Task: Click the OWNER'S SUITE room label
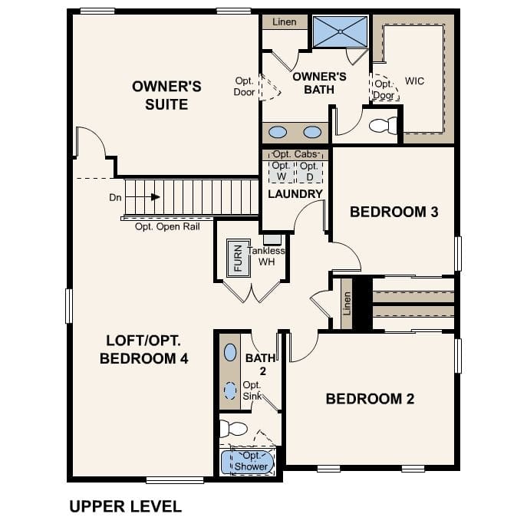(x=166, y=95)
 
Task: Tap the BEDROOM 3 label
(x=394, y=212)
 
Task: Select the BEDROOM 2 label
(x=370, y=399)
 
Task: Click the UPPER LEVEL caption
(x=125, y=506)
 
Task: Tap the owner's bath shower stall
(x=340, y=31)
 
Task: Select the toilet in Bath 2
(x=233, y=428)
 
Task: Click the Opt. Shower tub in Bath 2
(x=247, y=461)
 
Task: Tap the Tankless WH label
(x=266, y=256)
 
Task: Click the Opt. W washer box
(x=282, y=171)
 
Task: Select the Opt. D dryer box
(x=309, y=171)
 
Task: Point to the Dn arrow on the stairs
(x=155, y=197)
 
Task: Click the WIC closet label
(x=414, y=81)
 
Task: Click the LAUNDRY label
(x=295, y=194)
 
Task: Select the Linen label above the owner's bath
(x=284, y=22)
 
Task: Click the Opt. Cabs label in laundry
(x=295, y=155)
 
